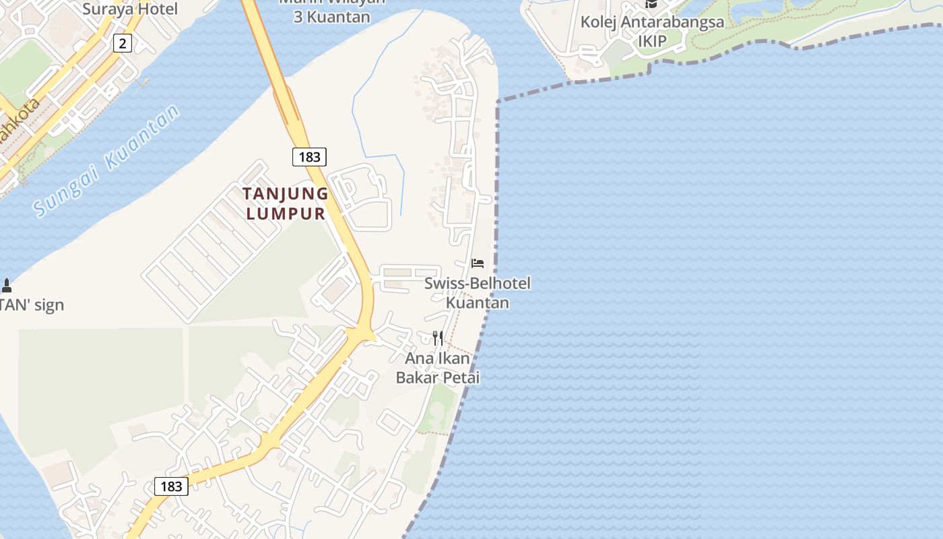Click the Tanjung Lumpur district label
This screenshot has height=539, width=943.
point(286,203)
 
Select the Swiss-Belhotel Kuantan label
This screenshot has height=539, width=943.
point(478,292)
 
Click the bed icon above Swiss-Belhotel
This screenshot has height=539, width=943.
point(478,263)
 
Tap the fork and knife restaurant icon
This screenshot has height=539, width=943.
point(438,338)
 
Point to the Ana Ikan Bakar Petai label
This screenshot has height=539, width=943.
point(438,368)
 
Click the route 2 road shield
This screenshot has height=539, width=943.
point(122,44)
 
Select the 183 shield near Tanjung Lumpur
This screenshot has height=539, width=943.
point(309,157)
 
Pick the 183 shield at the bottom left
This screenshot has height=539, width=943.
point(171,486)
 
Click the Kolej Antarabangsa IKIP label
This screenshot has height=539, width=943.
point(652,31)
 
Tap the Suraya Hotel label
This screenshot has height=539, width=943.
point(130,9)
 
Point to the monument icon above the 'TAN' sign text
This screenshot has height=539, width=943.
point(7,286)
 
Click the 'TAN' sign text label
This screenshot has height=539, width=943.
point(32,305)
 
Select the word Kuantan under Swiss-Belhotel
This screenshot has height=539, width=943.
point(478,303)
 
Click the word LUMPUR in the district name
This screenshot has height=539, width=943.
point(286,214)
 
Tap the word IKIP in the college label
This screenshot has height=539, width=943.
point(652,41)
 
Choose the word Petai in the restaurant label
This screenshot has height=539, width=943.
point(461,377)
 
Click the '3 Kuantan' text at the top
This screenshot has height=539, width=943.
point(331,17)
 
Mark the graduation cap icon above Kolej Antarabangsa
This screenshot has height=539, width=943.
point(651,4)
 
